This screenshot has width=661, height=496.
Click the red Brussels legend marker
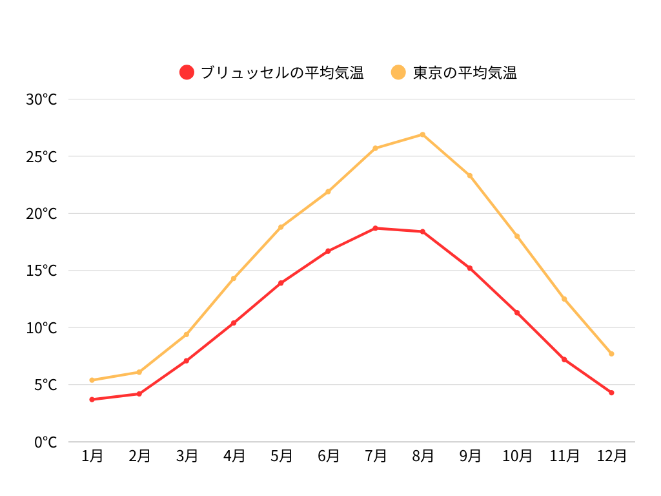[x=187, y=72]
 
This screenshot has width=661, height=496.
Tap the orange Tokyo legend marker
[x=399, y=72]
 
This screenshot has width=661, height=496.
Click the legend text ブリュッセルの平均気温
[x=282, y=73]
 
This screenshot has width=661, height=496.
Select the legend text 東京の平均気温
[x=465, y=73]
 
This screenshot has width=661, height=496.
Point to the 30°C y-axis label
[x=41, y=99]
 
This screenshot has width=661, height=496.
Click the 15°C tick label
[x=41, y=271]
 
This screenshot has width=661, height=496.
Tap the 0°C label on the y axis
[x=45, y=442]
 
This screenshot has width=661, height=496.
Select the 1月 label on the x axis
[x=92, y=456]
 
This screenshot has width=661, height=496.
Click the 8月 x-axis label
[x=423, y=456]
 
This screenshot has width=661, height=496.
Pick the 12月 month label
[x=611, y=456]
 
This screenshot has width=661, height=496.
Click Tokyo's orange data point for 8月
[x=423, y=134]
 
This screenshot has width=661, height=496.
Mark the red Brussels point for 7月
[x=376, y=228]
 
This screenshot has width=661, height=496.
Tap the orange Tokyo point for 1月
[x=92, y=380]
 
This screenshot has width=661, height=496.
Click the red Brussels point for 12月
[x=611, y=393]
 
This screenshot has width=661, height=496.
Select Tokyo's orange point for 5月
[x=281, y=227]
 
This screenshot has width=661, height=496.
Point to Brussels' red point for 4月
[x=234, y=323]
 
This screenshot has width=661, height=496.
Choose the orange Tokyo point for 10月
[x=517, y=236]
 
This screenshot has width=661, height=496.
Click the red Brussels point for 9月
[x=470, y=268]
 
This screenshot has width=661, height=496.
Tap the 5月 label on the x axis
[x=281, y=456]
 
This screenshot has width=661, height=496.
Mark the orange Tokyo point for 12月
[x=611, y=353]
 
